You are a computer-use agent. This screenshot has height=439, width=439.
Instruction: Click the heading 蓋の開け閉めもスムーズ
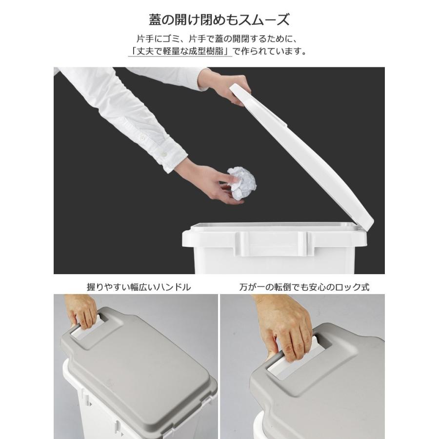[219, 20]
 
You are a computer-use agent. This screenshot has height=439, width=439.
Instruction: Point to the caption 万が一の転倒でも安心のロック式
[304, 287]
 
